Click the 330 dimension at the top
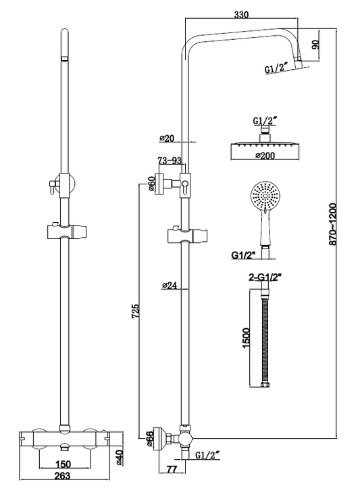pos(241,14)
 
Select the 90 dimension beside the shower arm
pos(315,45)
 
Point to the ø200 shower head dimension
pos(264,155)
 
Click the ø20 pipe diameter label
pos(168,138)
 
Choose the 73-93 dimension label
pos(170,161)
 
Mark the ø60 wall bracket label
pos(151,184)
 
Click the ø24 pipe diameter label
pos(169,286)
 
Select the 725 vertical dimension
pos(135,311)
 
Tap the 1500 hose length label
pos(246,338)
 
